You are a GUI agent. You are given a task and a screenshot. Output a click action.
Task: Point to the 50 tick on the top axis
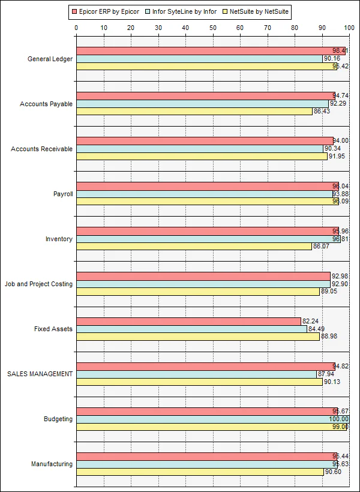click(x=213, y=27)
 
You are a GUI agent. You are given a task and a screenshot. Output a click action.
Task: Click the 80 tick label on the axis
click(x=295, y=27)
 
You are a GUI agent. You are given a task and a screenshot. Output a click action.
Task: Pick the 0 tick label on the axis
click(x=76, y=27)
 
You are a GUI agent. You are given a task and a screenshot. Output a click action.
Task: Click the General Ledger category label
click(x=50, y=59)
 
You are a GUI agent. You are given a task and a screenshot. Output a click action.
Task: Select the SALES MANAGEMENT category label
click(x=40, y=374)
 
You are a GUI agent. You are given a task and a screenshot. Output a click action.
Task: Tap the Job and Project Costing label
click(x=38, y=284)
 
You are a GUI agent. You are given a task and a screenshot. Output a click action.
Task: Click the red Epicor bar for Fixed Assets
click(x=188, y=321)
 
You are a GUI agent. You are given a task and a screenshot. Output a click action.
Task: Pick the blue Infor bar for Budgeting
click(x=212, y=419)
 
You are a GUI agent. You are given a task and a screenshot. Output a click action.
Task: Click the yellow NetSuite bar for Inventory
click(x=194, y=247)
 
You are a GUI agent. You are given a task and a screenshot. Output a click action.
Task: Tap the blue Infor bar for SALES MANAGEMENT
click(x=196, y=374)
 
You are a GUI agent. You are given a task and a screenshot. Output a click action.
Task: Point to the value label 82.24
click(x=311, y=321)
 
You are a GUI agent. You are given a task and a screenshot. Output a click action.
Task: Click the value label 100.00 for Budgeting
click(x=338, y=419)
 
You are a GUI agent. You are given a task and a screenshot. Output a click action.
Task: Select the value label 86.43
click(x=322, y=112)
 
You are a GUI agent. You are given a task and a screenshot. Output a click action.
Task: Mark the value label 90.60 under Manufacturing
click(x=333, y=472)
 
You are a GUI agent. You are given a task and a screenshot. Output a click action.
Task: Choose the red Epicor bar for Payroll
click(x=208, y=186)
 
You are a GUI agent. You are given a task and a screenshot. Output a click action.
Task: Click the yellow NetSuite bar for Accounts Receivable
click(x=202, y=157)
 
